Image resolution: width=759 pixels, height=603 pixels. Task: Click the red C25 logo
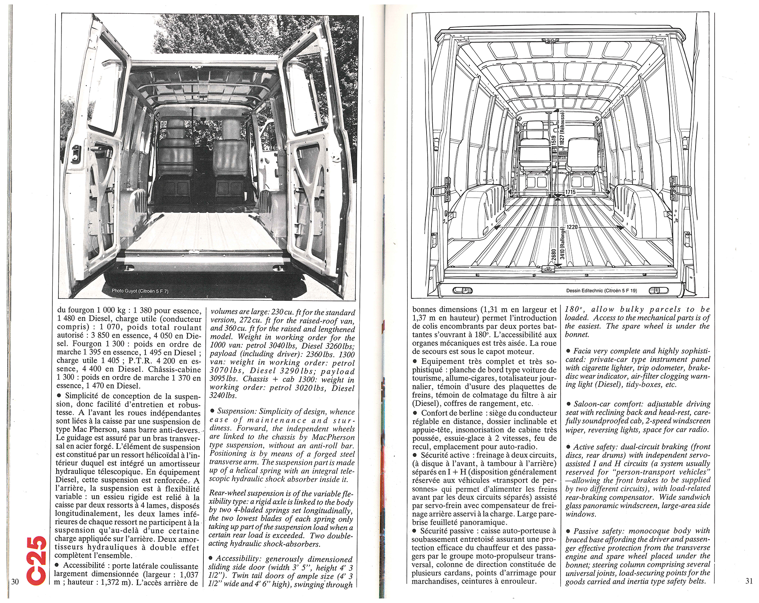[37, 560]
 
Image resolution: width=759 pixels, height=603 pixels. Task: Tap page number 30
[15, 582]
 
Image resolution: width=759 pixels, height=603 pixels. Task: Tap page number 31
[749, 581]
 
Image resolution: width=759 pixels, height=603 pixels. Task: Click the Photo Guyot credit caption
[140, 291]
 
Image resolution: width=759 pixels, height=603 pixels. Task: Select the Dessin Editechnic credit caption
[602, 291]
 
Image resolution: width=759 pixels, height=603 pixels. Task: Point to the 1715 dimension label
[570, 192]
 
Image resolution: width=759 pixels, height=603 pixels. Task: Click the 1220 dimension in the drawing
[572, 227]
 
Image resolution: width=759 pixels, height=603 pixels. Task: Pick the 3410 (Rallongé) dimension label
[562, 243]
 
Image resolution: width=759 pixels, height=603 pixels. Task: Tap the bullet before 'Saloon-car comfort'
[568, 404]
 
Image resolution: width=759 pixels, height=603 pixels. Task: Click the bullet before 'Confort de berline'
[415, 413]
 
